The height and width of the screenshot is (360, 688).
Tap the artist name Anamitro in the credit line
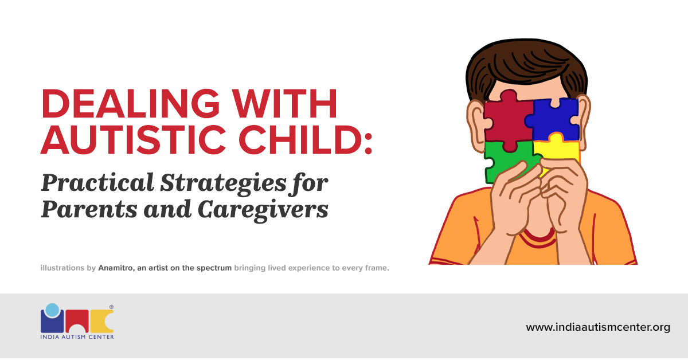[x=115, y=268]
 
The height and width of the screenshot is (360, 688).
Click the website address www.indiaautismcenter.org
[x=598, y=327]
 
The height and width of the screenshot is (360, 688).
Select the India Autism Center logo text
[x=77, y=336]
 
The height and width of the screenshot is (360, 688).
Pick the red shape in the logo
[x=77, y=321]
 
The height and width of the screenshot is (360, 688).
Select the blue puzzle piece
[x=554, y=118]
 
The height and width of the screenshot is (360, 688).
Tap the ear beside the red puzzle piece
[x=476, y=120]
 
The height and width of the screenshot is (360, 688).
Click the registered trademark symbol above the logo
[x=111, y=307]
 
